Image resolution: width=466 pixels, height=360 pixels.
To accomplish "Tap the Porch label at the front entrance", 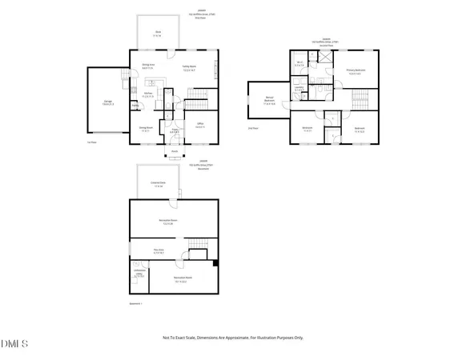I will point(175,150).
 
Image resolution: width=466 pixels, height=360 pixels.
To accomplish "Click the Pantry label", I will point(135,106).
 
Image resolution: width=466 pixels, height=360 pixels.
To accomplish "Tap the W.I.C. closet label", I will point(299,65).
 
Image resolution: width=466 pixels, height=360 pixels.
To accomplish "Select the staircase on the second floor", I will point(360,98).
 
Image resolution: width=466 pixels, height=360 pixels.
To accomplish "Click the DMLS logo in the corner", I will point(14,344).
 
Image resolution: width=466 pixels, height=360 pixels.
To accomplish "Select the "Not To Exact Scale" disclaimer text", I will point(233,338).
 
